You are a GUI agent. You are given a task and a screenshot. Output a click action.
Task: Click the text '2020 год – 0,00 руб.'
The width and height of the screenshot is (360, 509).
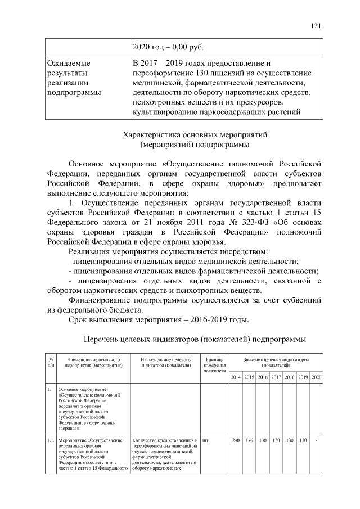coord(168,46)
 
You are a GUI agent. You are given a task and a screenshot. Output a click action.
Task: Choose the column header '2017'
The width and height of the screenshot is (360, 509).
coord(276,377)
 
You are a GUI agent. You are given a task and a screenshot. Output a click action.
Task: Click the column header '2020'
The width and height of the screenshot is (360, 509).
coord(317,377)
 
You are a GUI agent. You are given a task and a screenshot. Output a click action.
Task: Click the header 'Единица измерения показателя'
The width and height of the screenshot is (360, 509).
coord(215,365)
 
